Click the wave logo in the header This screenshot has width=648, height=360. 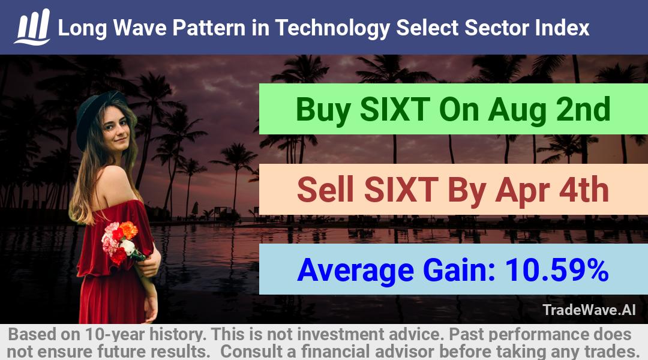[x=32, y=27]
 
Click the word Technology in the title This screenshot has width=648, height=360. [x=332, y=29]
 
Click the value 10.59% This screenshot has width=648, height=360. [x=557, y=270]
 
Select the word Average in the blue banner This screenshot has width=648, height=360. [x=355, y=271]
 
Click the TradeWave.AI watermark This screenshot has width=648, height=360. [x=589, y=310]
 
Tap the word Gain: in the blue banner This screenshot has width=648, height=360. [x=460, y=270]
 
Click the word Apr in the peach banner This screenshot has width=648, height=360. [x=523, y=191]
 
